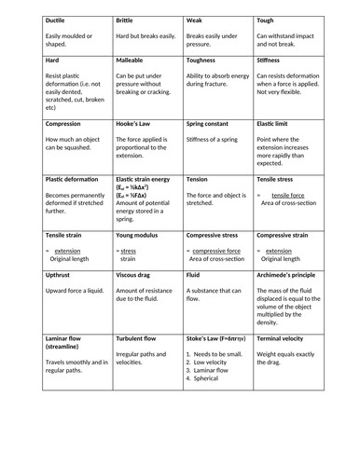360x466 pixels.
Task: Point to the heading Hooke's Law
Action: click(137, 123)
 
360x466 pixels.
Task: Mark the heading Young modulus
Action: click(139, 236)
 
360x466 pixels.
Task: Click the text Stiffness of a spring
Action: click(220, 141)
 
